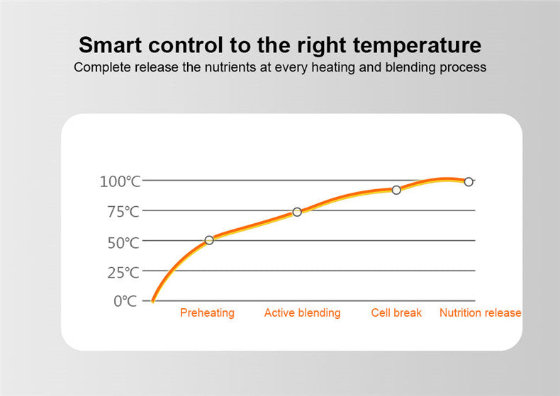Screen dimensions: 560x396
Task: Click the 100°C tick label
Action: tap(120, 181)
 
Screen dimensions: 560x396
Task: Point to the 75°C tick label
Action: tap(123, 212)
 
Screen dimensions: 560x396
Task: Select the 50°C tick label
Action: tap(123, 243)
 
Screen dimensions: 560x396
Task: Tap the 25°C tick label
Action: tap(123, 273)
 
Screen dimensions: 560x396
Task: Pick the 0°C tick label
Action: tap(125, 302)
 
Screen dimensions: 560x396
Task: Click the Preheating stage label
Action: tap(207, 313)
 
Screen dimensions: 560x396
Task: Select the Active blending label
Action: tap(302, 313)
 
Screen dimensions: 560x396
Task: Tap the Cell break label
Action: tap(396, 313)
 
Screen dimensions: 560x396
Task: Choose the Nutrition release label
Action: tap(480, 313)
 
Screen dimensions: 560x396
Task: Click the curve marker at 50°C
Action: tap(209, 240)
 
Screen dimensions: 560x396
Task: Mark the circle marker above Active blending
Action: tap(297, 212)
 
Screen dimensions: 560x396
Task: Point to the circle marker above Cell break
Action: tap(396, 190)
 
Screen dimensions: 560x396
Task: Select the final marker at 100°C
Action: tap(469, 181)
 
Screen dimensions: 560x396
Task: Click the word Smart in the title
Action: tap(111, 45)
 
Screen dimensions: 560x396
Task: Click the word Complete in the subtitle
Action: tap(102, 67)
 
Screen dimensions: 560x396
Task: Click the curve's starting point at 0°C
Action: tap(152, 302)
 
